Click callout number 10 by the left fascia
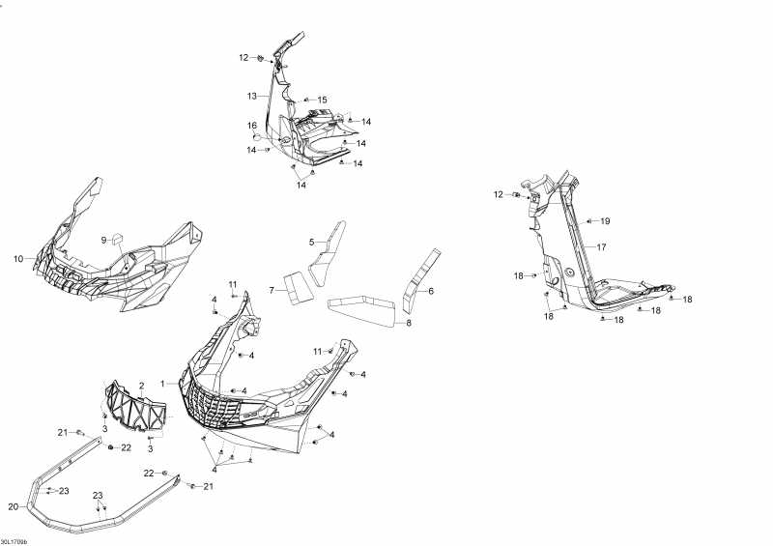click(x=18, y=259)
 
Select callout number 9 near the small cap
click(x=103, y=239)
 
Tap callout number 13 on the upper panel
click(x=251, y=96)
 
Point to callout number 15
click(x=323, y=100)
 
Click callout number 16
click(x=251, y=126)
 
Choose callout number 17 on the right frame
click(x=601, y=247)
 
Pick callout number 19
click(x=606, y=221)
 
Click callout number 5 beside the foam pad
click(x=312, y=242)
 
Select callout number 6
click(x=431, y=291)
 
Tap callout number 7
click(x=272, y=290)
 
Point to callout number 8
click(x=408, y=324)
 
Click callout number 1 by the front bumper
click(x=163, y=383)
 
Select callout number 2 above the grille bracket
click(x=141, y=387)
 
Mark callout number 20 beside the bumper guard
click(x=13, y=506)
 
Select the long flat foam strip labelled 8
click(x=362, y=311)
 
